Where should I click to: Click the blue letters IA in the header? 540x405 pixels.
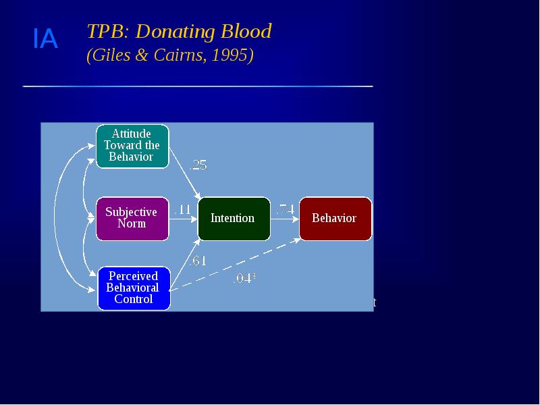pyautogui.click(x=45, y=40)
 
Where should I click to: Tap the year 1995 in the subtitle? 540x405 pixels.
pyautogui.click(x=230, y=55)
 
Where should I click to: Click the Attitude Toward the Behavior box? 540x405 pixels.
pyautogui.click(x=132, y=146)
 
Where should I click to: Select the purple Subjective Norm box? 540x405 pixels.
pyautogui.click(x=132, y=218)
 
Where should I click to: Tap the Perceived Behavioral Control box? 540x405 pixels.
pyautogui.click(x=133, y=288)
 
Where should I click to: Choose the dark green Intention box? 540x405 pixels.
pyautogui.click(x=233, y=218)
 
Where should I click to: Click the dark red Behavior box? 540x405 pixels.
pyautogui.click(x=334, y=218)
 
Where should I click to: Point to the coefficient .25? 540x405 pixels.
pyautogui.click(x=198, y=165)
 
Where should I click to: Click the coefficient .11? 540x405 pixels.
pyautogui.click(x=183, y=210)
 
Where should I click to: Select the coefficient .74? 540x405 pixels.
pyautogui.click(x=285, y=210)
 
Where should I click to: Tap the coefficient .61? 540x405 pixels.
pyautogui.click(x=198, y=261)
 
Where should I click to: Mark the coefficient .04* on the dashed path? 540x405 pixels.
pyautogui.click(x=245, y=278)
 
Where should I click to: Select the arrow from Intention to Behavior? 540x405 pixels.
pyautogui.click(x=284, y=219)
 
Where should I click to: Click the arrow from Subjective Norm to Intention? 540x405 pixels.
pyautogui.click(x=183, y=219)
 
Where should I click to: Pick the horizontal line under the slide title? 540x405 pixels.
pyautogui.click(x=198, y=86)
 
